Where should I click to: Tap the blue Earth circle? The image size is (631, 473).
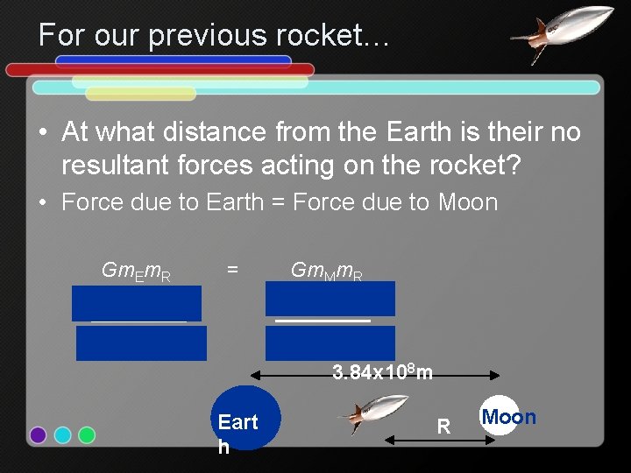pos(245,418)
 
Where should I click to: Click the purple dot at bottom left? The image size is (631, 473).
pos(38,435)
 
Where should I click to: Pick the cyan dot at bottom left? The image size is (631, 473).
pos(62,435)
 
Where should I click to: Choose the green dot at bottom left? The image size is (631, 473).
pos(87,435)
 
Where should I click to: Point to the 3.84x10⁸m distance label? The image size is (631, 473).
pos(382,373)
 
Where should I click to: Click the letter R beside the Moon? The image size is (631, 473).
pos(443,427)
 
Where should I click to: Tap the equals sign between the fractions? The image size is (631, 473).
pos(232,271)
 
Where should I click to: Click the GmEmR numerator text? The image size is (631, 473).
pos(136,272)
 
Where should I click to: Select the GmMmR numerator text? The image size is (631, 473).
pos(327,272)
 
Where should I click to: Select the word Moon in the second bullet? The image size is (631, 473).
pos(468,203)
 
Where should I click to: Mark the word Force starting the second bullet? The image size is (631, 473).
pos(87,203)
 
